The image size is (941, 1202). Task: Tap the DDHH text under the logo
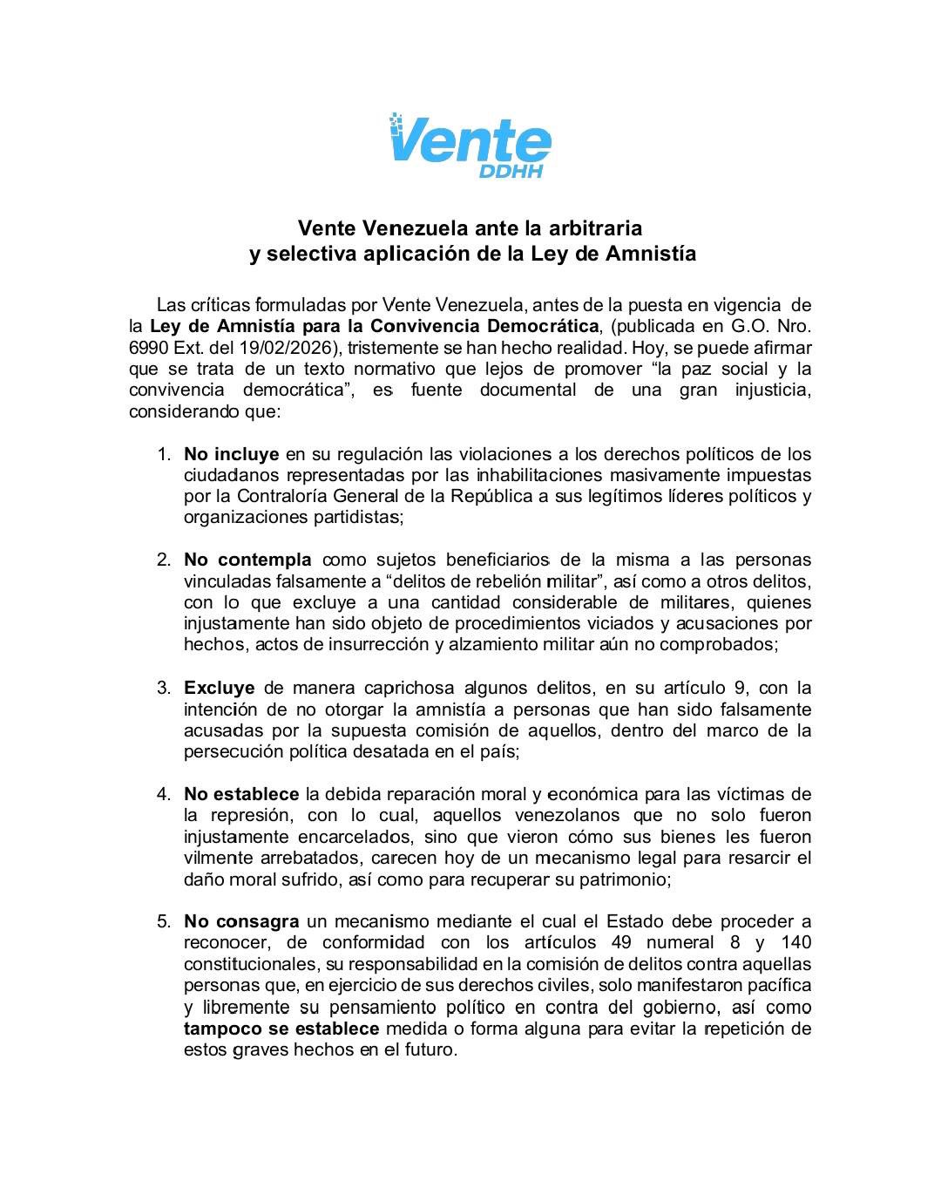coord(511,171)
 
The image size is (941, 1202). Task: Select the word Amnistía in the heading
coord(655,254)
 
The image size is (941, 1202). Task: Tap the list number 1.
coord(163,454)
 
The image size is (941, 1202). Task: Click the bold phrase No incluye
coord(231,454)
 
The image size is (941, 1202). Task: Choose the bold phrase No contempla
coord(247,560)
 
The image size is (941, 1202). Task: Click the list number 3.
coord(163,688)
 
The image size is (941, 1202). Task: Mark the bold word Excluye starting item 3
coord(219,688)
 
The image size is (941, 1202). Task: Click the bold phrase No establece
coord(241,794)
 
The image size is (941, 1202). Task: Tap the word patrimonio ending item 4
coord(624,879)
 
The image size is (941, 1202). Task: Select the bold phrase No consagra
coord(241,921)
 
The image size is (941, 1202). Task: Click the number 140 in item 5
coord(796,942)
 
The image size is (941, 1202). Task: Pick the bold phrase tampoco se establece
coord(281,1029)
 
